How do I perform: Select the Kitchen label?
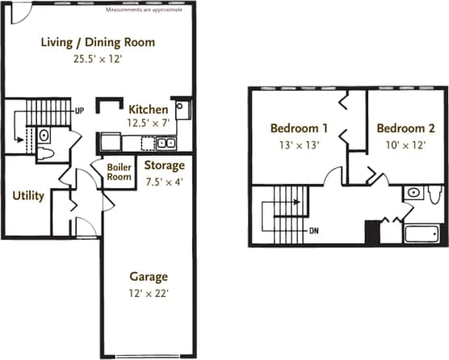point(149,110)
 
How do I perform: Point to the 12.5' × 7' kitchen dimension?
point(148,123)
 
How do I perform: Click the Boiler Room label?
point(120,172)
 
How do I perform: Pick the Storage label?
point(164,165)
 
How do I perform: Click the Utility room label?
point(27,195)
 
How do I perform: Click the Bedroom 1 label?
point(299,128)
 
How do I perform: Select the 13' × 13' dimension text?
point(299,145)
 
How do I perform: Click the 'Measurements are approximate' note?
point(145,10)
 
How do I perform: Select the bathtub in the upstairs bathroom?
point(420,236)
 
